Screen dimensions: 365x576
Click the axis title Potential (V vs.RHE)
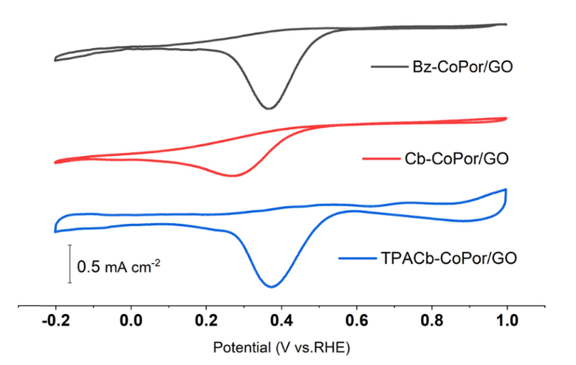coord(281,347)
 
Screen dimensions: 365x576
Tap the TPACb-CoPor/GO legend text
coord(449,258)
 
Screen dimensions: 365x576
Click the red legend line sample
coord(381,158)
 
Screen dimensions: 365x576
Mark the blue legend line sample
coord(358,258)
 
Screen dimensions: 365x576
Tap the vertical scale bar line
coord(70,263)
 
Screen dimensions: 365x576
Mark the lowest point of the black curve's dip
coord(270,109)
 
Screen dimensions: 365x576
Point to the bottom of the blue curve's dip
coord(274,287)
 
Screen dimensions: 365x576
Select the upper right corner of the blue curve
coord(506,190)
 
